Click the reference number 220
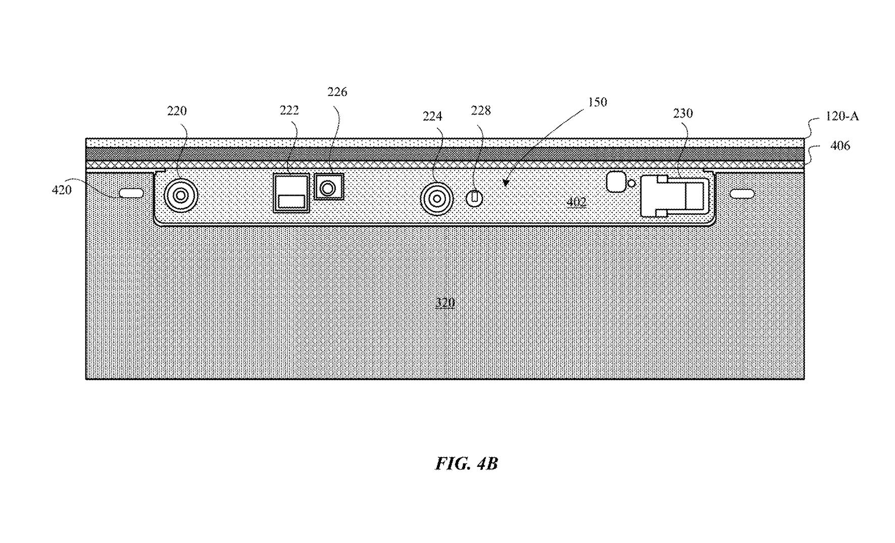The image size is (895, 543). tap(177, 111)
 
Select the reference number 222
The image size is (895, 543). tap(289, 111)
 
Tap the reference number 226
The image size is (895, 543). tap(337, 92)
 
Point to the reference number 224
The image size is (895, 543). tap(432, 117)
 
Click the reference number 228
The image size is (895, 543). tap(481, 111)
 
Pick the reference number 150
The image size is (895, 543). tap(598, 102)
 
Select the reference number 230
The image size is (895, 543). tap(683, 114)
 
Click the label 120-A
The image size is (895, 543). tap(842, 117)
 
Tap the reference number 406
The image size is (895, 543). tap(840, 146)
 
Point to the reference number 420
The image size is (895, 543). tap(62, 190)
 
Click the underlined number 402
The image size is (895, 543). tap(576, 202)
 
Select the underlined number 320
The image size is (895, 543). tap(445, 303)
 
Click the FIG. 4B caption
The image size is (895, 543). tap(467, 463)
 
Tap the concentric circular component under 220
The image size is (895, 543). tap(181, 196)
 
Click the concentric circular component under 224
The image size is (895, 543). tap(437, 199)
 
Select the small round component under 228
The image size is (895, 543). tap(474, 198)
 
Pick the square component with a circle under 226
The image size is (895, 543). tap(329, 187)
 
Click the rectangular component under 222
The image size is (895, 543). tap(291, 193)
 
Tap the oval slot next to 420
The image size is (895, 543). tap(131, 193)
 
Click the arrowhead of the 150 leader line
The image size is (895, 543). tap(506, 184)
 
